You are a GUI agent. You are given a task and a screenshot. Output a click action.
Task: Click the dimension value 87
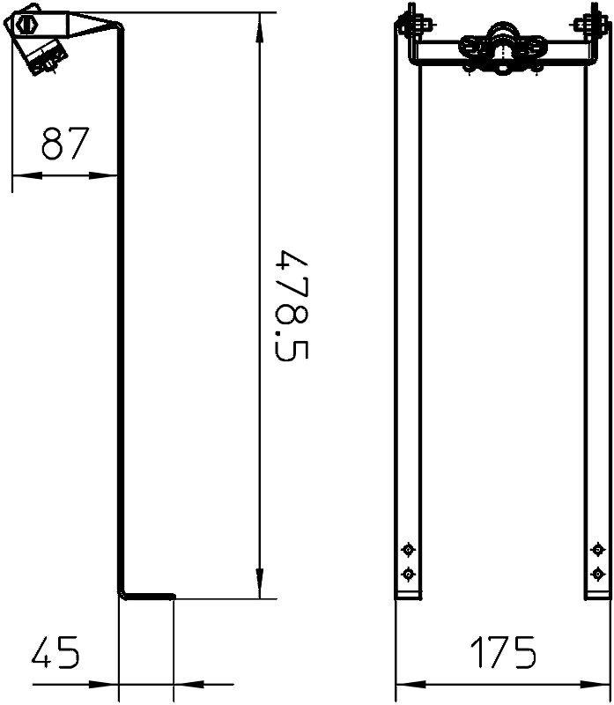point(65,143)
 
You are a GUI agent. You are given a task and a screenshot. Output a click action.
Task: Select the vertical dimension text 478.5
point(292,306)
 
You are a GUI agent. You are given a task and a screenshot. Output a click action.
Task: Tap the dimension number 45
point(55,652)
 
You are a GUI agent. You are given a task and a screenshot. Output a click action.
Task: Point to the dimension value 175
point(503,652)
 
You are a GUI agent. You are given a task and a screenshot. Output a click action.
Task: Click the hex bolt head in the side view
point(26,24)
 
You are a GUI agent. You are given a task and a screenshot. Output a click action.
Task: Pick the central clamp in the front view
point(502,48)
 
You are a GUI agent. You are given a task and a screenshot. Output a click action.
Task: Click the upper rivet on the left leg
point(408,549)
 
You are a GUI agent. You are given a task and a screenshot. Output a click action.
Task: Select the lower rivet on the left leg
point(408,574)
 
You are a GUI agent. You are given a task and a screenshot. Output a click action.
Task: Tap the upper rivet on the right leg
point(597,549)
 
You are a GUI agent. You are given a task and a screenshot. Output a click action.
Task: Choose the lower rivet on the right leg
point(597,574)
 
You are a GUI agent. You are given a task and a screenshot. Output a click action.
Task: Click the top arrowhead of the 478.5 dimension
point(259,28)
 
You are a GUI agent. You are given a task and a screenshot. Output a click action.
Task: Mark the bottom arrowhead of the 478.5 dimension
point(259,583)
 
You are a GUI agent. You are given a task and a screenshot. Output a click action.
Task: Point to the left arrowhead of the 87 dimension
point(27,175)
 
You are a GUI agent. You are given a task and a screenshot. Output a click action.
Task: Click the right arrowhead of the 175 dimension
point(596,685)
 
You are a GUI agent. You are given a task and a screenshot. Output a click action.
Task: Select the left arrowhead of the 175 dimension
point(411,685)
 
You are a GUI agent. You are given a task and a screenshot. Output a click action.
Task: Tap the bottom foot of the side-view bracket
point(147,597)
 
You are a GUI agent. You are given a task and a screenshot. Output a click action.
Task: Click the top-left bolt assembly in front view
point(412,24)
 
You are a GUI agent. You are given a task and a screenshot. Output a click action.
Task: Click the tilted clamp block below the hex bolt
point(43,56)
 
